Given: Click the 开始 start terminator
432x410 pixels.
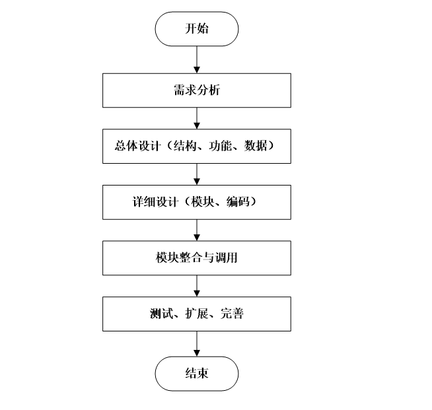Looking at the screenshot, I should [196, 29].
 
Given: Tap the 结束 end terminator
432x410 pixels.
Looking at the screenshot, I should [196, 374].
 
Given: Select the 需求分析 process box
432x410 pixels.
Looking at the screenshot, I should [196, 90].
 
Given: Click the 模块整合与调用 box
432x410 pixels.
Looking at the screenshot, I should [196, 257].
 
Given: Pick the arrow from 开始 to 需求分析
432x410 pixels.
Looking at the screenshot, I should [196, 59].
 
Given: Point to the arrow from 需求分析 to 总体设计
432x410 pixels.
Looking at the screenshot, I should [196, 118].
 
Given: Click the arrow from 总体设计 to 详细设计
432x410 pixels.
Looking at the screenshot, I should [196, 174].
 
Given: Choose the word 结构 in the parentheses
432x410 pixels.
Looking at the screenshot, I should [183, 147].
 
